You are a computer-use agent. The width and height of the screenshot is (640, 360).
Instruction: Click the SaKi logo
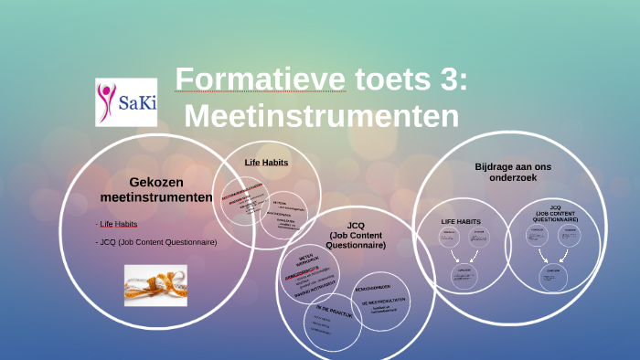[127, 101]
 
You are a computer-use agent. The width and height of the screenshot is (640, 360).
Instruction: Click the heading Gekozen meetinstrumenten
[156, 190]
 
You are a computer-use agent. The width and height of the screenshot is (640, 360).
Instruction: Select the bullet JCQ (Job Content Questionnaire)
[158, 242]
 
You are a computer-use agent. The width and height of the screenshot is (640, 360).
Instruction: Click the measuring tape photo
[155, 285]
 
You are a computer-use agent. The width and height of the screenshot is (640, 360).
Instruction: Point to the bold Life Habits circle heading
[266, 163]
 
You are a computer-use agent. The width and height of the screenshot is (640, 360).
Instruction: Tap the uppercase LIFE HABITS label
[462, 221]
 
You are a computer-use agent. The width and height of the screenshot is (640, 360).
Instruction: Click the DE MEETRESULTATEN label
[384, 302]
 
